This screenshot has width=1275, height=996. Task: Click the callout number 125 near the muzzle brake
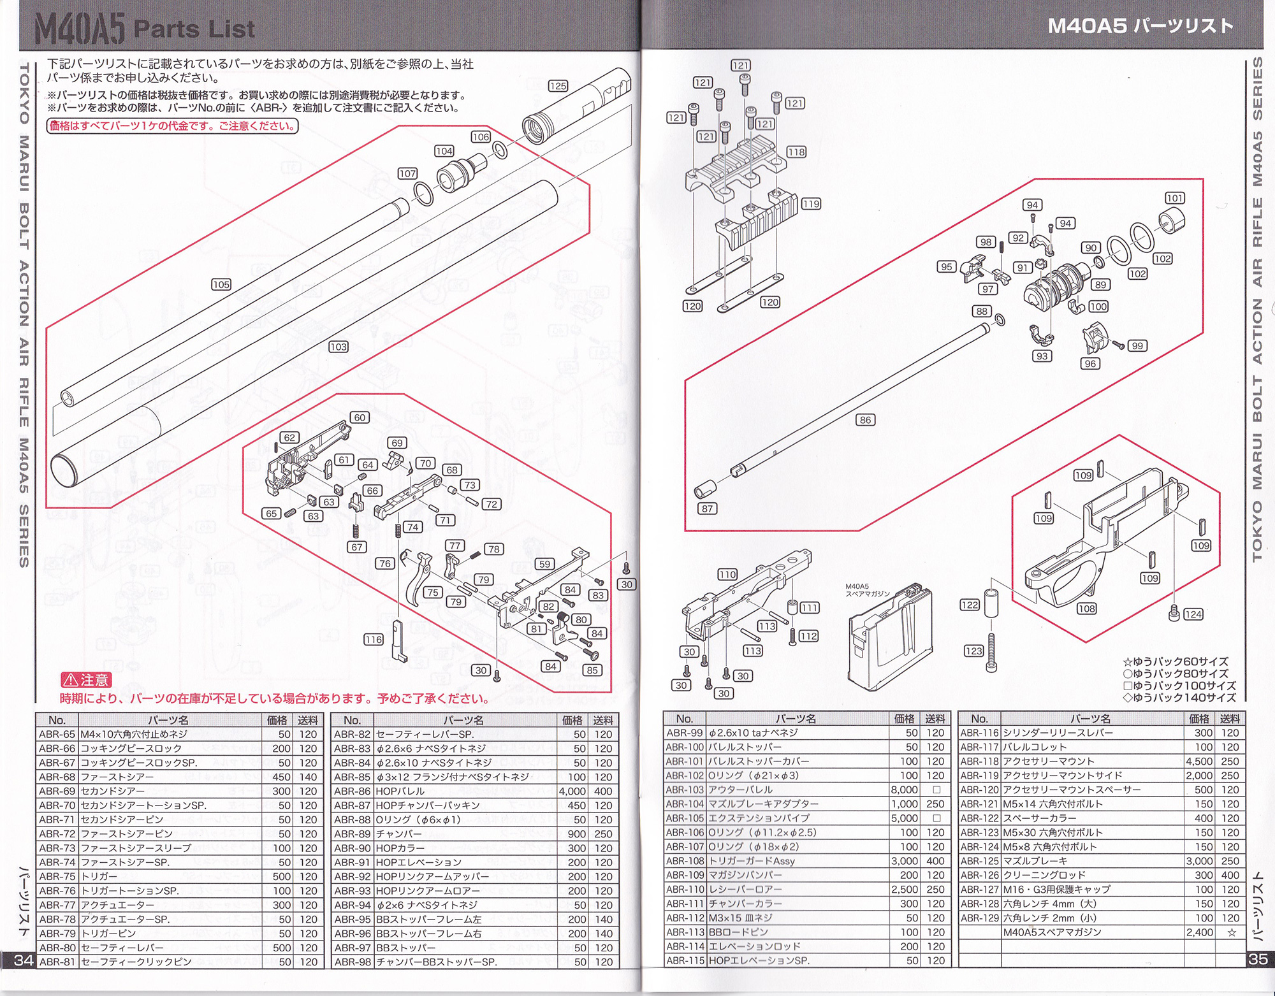(558, 86)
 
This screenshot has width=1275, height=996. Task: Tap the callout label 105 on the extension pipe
(221, 284)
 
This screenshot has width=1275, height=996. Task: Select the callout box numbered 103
(339, 347)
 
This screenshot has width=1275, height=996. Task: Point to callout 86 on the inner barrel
(865, 420)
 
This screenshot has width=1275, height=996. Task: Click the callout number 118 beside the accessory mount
(796, 152)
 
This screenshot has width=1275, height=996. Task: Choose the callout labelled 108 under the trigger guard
(1087, 609)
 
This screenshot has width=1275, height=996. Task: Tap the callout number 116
(374, 640)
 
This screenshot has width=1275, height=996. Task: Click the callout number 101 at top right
(1175, 198)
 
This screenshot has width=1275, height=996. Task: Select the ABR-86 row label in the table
(352, 791)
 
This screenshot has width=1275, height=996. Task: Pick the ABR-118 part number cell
(979, 761)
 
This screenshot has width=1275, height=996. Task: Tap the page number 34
(23, 960)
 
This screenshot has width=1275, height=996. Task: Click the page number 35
(1258, 958)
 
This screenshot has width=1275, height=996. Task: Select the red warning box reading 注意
(87, 680)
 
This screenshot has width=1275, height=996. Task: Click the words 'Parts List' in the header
(194, 29)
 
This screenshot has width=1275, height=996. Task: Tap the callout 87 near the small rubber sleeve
(708, 509)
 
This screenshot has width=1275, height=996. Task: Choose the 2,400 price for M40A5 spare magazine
(1200, 932)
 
